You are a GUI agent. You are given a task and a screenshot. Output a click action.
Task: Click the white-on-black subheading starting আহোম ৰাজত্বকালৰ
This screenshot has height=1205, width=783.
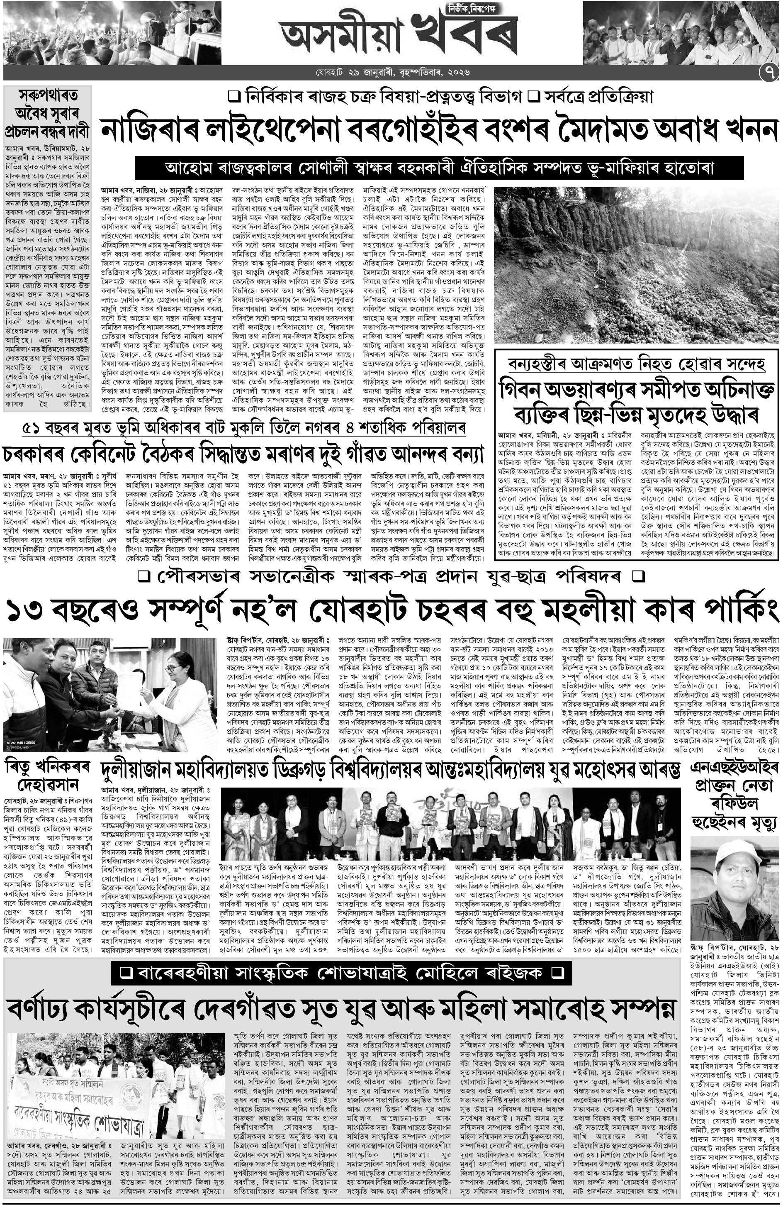tap(439, 168)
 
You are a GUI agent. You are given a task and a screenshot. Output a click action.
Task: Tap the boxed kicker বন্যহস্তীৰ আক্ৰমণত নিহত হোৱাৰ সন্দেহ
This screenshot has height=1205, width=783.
tap(636, 364)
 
